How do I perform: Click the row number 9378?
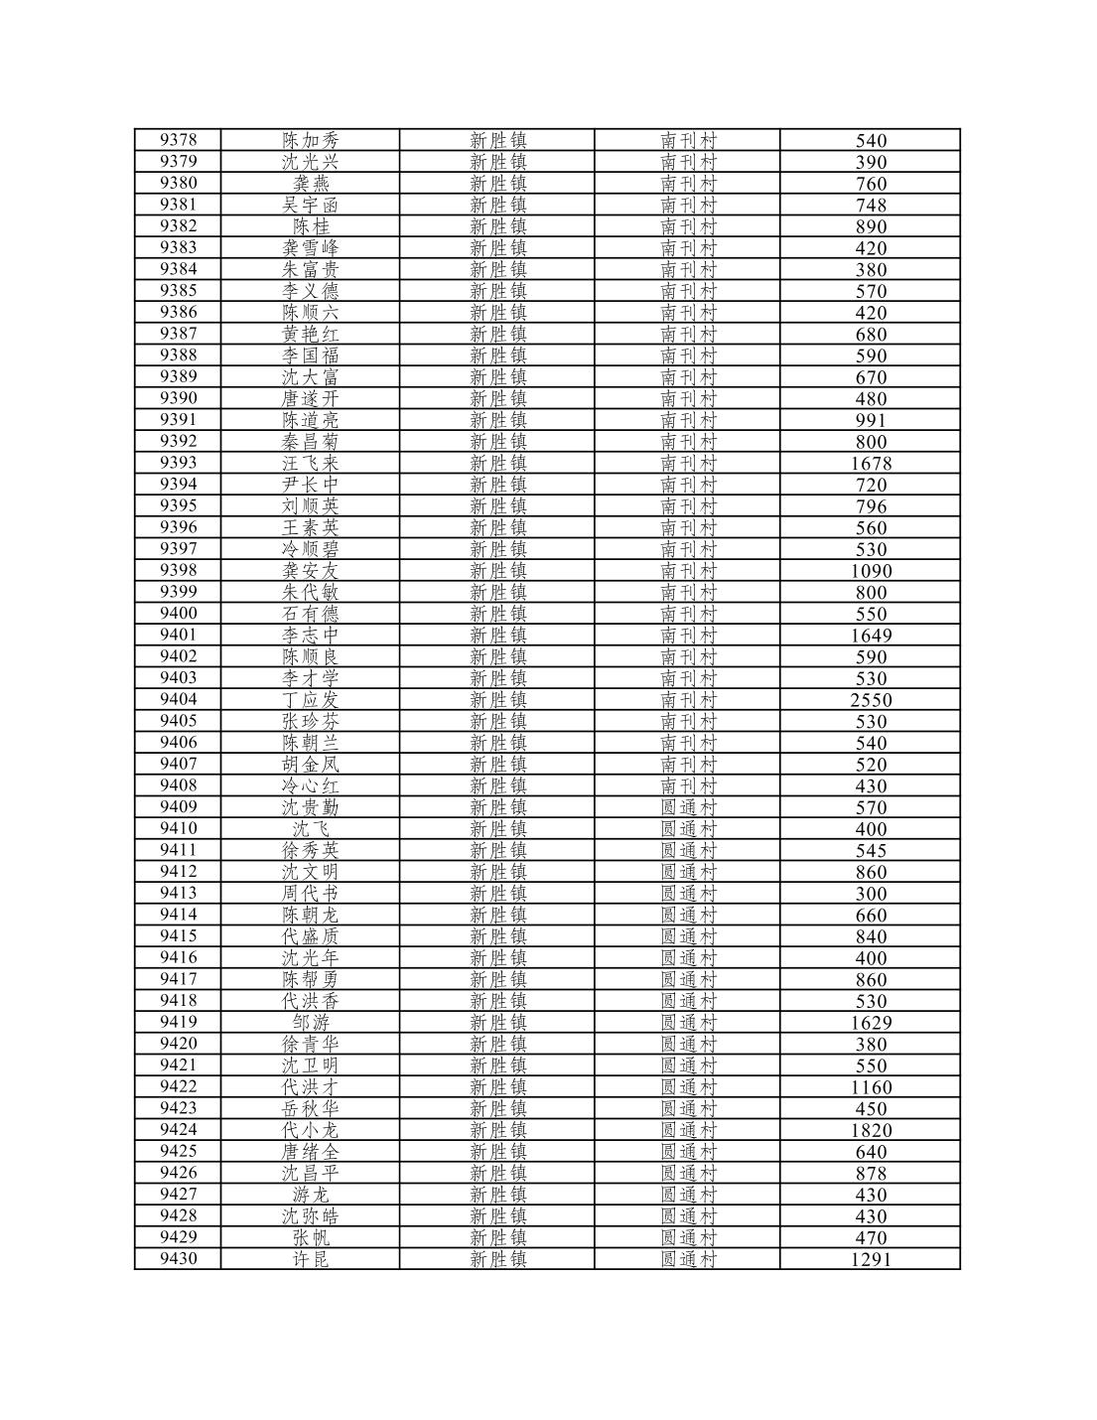click(178, 140)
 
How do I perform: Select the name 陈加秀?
click(310, 140)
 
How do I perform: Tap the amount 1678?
click(871, 463)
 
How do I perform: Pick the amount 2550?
click(871, 699)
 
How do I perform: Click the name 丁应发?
click(310, 699)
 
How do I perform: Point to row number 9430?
click(178, 1258)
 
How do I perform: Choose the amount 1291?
click(871, 1259)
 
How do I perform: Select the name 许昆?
click(310, 1259)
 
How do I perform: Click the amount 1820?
click(871, 1130)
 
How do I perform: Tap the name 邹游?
click(310, 1022)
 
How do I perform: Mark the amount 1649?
click(871, 635)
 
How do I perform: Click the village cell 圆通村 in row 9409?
click(688, 807)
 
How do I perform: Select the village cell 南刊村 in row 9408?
click(688, 785)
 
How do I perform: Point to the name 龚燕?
click(310, 183)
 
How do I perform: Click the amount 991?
click(871, 420)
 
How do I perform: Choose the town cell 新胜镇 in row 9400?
click(497, 614)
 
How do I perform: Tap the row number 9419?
click(178, 1022)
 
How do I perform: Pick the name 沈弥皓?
click(310, 1215)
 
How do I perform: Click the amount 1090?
click(871, 571)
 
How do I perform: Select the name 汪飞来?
click(310, 463)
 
